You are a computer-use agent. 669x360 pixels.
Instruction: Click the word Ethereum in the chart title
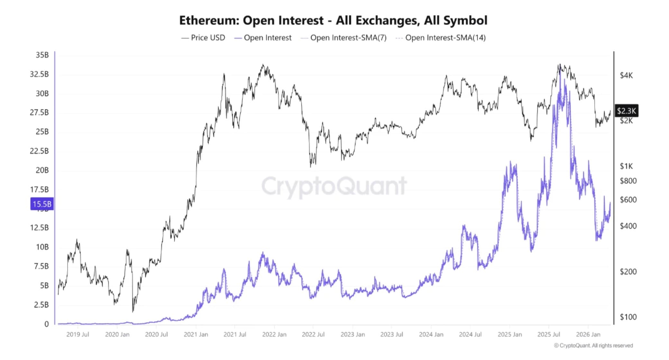pyautogui.click(x=209, y=20)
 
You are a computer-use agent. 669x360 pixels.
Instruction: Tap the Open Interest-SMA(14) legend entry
pyautogui.click(x=441, y=38)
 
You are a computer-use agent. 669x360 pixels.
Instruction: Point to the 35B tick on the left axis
pyautogui.click(x=42, y=55)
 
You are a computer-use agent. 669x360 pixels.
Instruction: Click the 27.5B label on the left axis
pyautogui.click(x=39, y=113)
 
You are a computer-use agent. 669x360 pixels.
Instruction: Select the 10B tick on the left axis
pyautogui.click(x=42, y=247)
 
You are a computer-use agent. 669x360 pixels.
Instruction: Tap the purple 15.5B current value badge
pyautogui.click(x=42, y=204)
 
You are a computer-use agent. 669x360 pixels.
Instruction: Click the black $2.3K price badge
pyautogui.click(x=626, y=111)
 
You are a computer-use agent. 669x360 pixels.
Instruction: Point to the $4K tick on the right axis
pyautogui.click(x=626, y=76)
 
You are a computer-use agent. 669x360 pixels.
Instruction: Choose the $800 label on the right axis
pyautogui.click(x=628, y=181)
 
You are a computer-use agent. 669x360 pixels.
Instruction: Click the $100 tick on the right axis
pyautogui.click(x=628, y=317)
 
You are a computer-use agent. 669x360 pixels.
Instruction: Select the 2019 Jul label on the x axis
pyautogui.click(x=78, y=334)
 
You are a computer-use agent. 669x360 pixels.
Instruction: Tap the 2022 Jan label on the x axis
pyautogui.click(x=274, y=334)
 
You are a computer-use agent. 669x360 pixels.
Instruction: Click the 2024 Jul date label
pyautogui.click(x=470, y=334)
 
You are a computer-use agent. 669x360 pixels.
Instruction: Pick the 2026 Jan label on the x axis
pyautogui.click(x=588, y=334)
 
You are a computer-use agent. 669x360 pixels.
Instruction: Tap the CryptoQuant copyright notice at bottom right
pyautogui.click(x=593, y=346)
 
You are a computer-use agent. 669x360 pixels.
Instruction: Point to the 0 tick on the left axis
pyautogui.click(x=47, y=324)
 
